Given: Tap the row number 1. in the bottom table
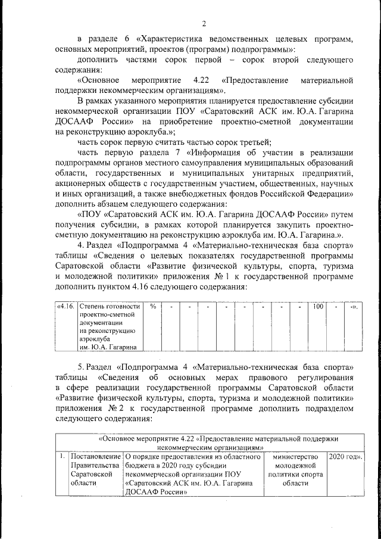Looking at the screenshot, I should pyautogui.click(x=61, y=457).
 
